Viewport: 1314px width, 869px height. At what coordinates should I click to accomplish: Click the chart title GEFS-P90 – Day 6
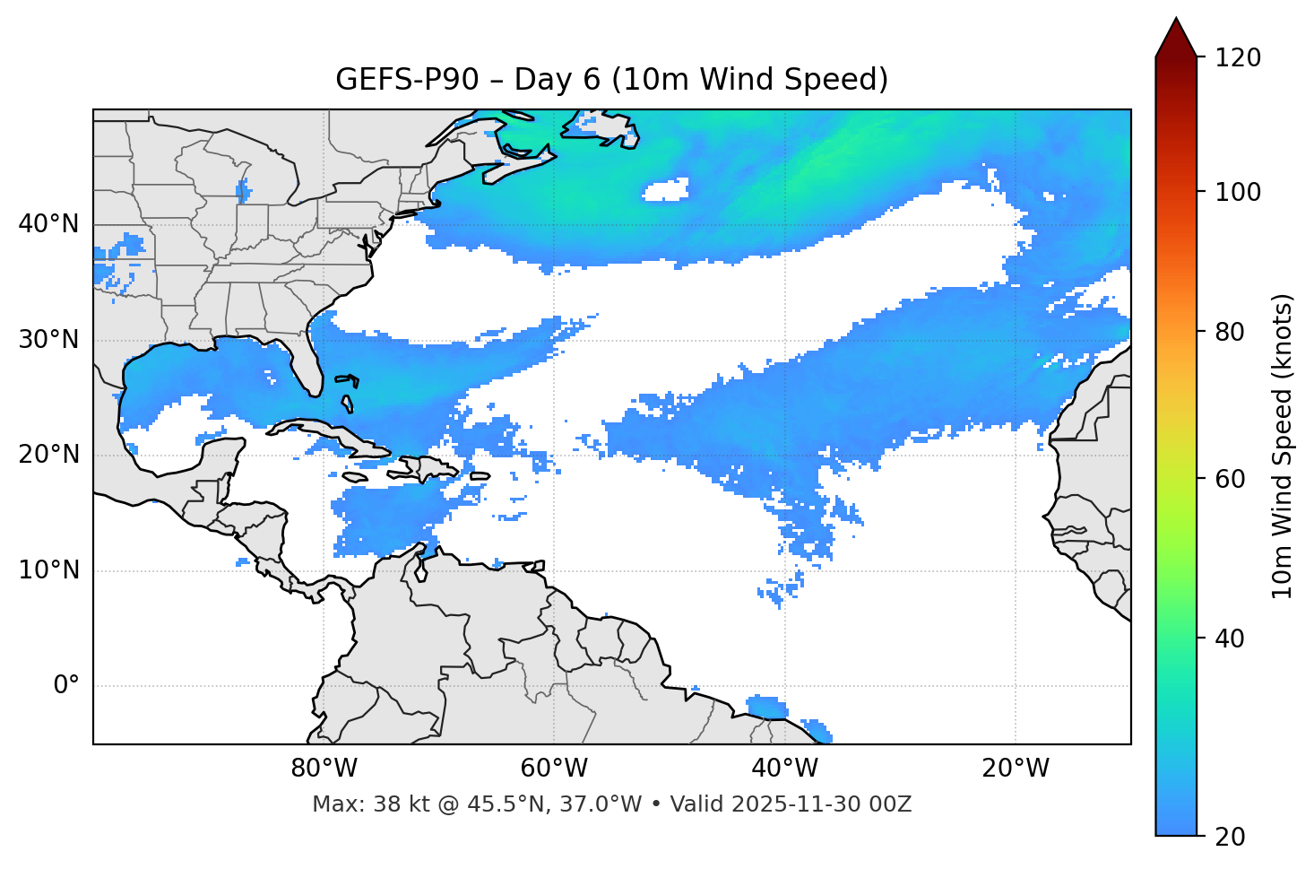coord(611,80)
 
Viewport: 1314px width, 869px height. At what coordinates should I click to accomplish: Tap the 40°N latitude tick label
coord(48,224)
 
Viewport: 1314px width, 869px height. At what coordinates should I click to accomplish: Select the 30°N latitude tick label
coord(48,340)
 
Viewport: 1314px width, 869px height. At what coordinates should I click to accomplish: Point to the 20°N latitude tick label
coord(48,455)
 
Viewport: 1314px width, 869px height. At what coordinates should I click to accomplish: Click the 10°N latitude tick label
coord(48,570)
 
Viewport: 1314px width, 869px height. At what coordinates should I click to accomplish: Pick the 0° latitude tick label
coord(66,686)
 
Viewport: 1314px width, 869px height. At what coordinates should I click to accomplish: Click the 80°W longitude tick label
coord(324,769)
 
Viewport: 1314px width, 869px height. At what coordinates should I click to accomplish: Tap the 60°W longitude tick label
coord(554,769)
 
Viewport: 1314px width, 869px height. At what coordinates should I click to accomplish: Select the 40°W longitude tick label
coord(784,769)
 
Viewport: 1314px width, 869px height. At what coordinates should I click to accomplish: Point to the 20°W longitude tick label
coord(1016,769)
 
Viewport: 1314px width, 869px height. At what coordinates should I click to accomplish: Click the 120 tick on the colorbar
coord(1238,58)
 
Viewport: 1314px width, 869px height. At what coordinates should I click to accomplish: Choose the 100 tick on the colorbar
coord(1238,192)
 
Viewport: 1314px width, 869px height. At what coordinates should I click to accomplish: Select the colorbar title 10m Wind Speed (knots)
coord(1283,447)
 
